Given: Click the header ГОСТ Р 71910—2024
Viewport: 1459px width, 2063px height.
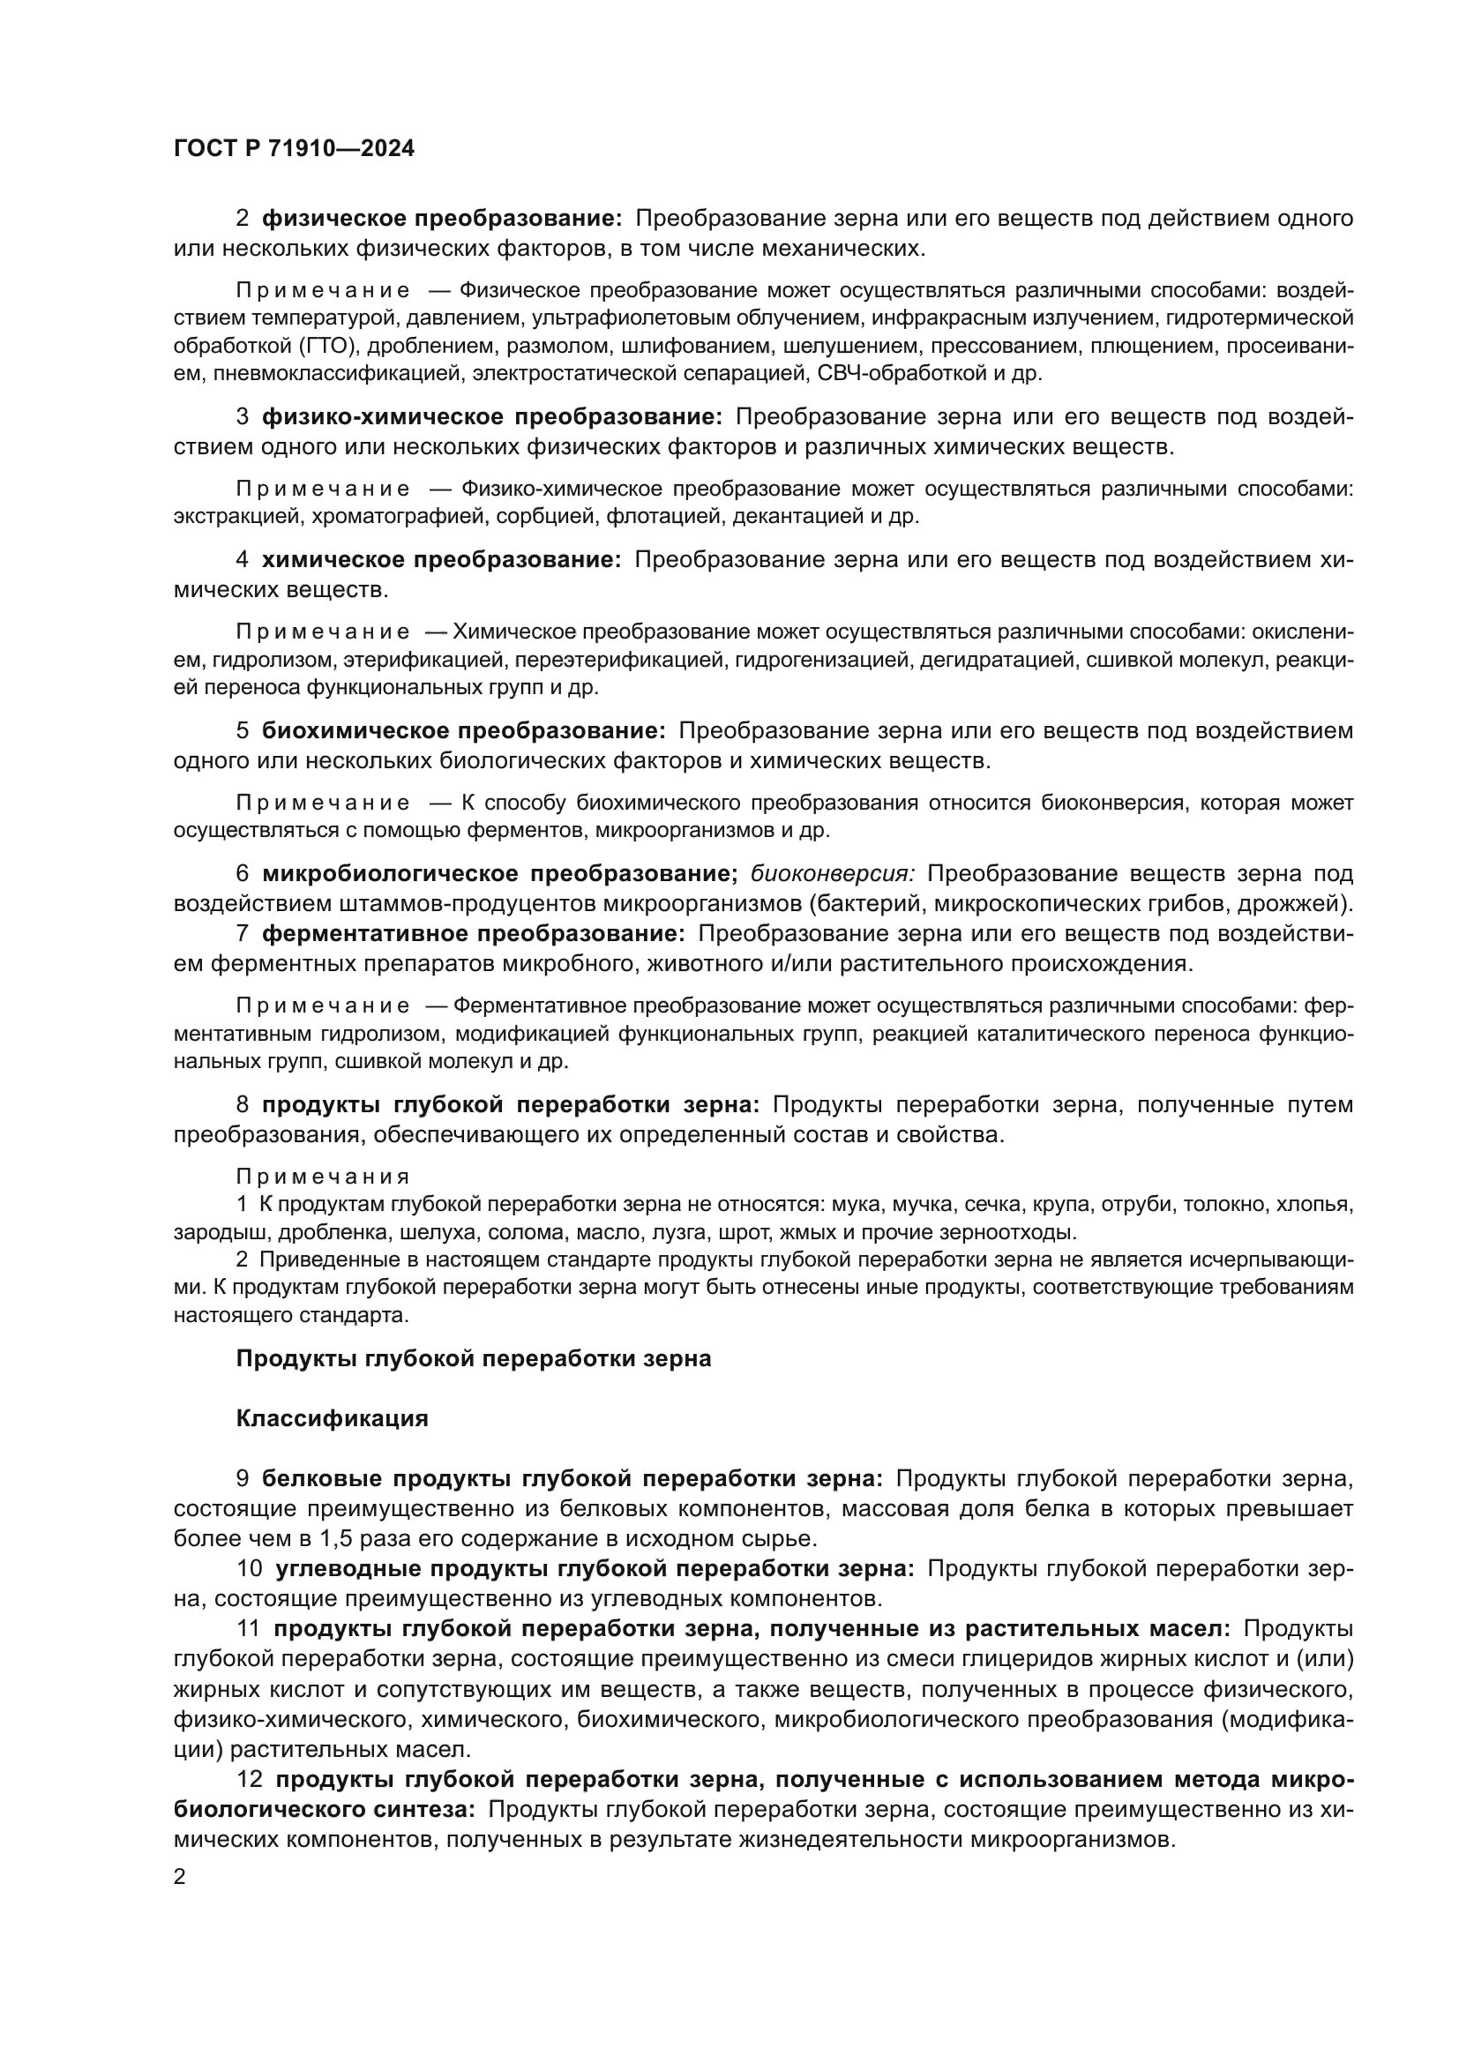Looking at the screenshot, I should tap(294, 149).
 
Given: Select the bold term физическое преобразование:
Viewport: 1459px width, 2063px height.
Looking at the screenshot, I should tap(441, 219).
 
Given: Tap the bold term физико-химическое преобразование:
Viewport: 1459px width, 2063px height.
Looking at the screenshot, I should tap(492, 417).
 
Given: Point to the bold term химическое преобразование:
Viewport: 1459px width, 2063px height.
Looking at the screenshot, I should tap(441, 560).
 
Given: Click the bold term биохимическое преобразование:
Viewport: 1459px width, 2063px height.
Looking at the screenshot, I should tap(464, 730).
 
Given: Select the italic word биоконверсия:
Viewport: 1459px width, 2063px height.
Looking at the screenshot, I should tap(832, 873).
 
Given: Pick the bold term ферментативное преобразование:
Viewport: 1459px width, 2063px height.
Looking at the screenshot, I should tap(474, 933).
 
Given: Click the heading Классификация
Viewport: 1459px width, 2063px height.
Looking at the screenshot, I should tap(332, 1419).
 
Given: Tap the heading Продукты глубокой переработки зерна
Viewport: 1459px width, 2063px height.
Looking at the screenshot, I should tap(474, 1358).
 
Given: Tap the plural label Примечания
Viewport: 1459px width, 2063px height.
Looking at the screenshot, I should tap(323, 1177).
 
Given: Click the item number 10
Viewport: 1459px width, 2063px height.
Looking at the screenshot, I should tap(249, 1569).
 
